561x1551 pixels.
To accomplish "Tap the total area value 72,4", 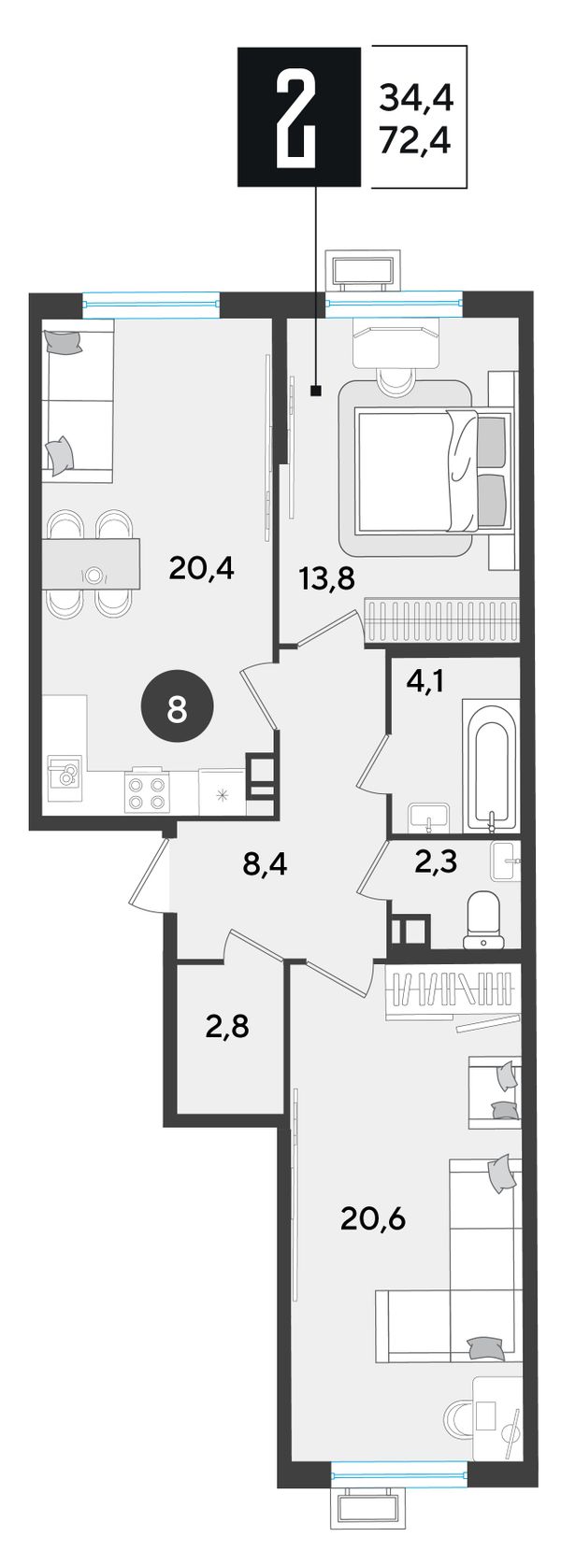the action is point(416,143).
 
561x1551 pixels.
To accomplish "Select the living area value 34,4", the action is point(416,99).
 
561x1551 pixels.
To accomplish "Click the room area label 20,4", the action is point(202,569).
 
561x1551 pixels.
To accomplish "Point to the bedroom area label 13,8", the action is point(327,576).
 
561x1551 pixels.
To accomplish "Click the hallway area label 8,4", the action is point(266,864).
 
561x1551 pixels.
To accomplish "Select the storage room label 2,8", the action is point(227,1027).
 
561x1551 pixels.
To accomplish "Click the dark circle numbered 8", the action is point(178,709).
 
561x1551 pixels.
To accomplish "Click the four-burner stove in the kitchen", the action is point(146,790).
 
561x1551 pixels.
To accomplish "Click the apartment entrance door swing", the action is point(150,874).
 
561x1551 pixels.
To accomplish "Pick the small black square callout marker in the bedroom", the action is point(316,392).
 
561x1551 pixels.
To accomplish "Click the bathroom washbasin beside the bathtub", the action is point(429,817).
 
